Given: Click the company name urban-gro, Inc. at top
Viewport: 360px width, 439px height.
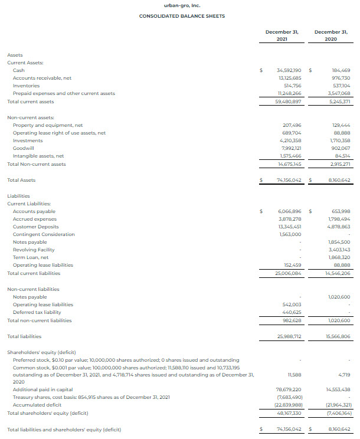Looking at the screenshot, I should (x=182, y=5).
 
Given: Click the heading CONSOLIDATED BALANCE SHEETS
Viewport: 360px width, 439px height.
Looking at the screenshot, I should (x=182, y=16).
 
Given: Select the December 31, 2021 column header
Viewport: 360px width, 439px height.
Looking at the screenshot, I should (x=282, y=35).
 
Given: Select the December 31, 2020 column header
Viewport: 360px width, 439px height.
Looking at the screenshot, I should (x=330, y=35).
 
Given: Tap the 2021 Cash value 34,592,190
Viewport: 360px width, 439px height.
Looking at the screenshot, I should (x=289, y=70).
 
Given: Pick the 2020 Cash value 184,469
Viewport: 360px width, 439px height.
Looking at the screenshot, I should (x=341, y=70).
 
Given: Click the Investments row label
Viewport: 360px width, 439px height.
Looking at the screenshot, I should (x=27, y=141).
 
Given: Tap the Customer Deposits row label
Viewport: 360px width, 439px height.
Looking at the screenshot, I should (x=35, y=227).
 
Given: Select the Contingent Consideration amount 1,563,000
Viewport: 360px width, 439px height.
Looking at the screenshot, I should (x=290, y=234).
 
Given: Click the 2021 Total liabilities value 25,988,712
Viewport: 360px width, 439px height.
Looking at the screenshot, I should (x=289, y=336).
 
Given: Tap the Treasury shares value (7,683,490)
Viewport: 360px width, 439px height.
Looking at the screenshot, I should (x=289, y=398).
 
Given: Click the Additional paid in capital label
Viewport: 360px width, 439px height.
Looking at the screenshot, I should (x=42, y=390).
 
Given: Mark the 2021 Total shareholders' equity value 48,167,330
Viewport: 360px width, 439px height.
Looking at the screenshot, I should (x=289, y=413).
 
